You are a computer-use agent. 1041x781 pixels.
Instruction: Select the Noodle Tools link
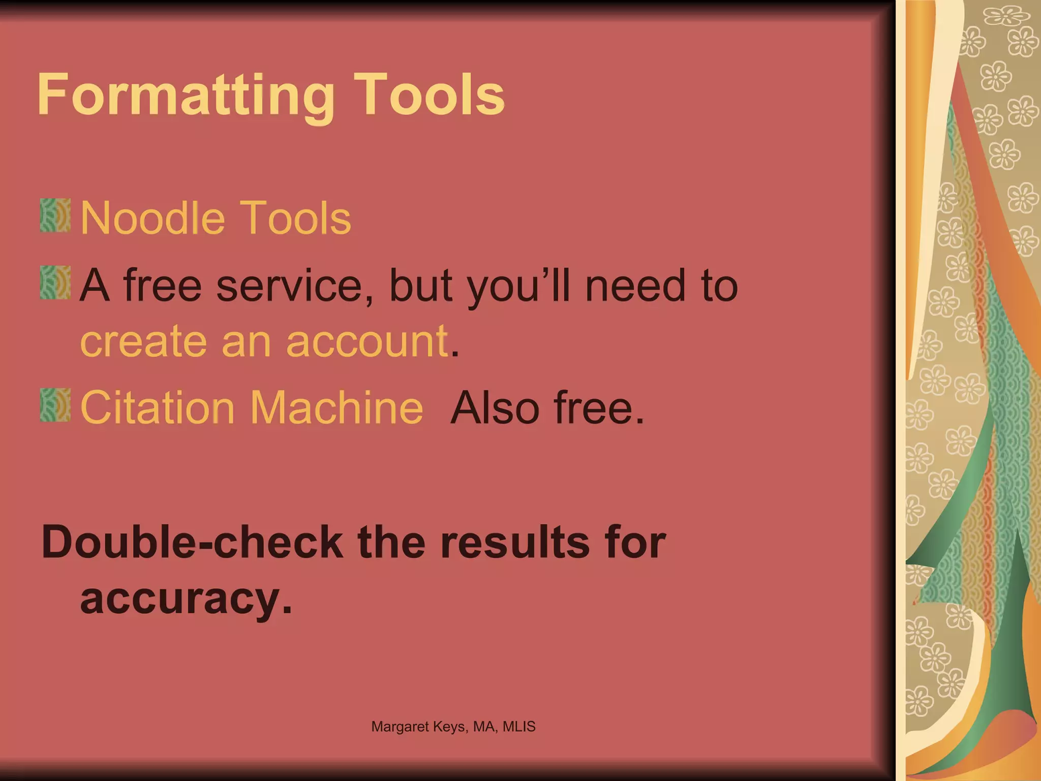point(216,219)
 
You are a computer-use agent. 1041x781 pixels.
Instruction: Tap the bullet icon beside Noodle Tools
point(55,216)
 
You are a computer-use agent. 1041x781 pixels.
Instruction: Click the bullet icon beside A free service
point(55,282)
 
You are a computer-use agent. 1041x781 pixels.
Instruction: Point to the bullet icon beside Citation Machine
point(55,405)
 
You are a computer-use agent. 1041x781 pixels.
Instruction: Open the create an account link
point(264,341)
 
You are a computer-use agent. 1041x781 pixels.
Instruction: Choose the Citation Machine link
point(252,407)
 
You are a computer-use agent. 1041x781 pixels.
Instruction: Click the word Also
point(495,407)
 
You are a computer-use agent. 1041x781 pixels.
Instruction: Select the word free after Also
point(598,407)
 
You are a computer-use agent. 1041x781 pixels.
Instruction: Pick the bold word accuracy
point(186,599)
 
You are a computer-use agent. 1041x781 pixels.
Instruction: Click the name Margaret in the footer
point(400,727)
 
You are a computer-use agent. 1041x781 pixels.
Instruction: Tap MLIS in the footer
point(519,727)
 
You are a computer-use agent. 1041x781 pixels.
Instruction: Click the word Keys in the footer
point(450,727)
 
